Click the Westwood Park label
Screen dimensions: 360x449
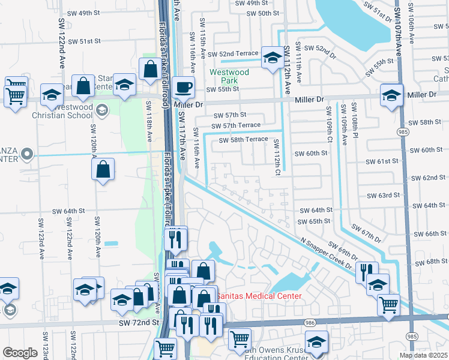tap(224, 76)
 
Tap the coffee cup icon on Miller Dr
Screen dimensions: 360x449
tap(184, 88)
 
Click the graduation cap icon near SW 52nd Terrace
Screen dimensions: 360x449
tap(272, 59)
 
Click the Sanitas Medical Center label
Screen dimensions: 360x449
tap(259, 296)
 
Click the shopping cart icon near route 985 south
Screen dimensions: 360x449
tap(388, 305)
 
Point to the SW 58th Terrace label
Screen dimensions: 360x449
tap(243, 139)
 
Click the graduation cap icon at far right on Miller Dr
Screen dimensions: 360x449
tap(391, 96)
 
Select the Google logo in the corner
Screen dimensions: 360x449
tap(20, 353)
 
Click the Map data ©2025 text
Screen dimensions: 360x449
tap(424, 355)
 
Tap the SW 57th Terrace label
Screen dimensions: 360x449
tap(235, 125)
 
